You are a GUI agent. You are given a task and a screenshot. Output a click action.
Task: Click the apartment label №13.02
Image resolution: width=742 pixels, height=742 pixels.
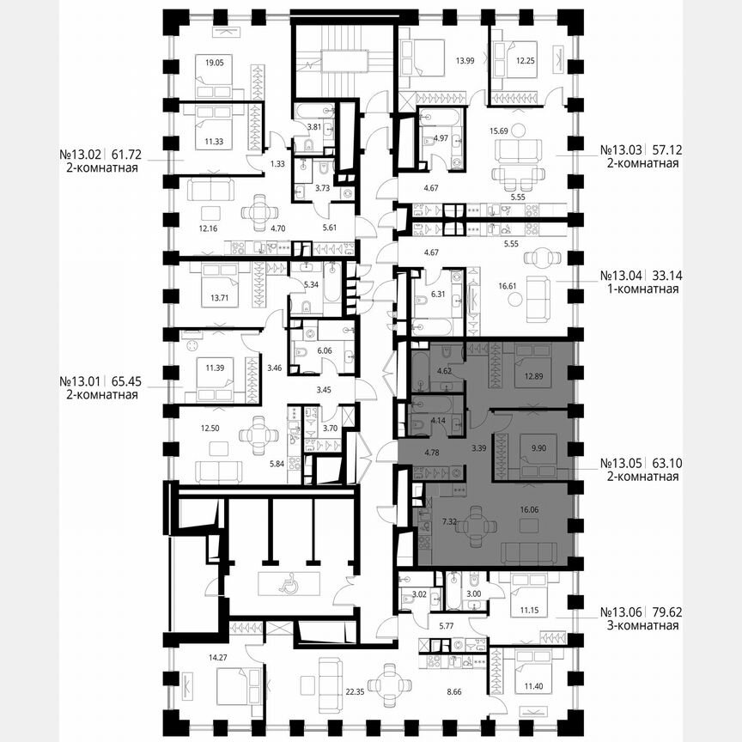click(82, 155)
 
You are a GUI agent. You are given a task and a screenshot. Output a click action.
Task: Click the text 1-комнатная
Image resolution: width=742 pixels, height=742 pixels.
click(639, 289)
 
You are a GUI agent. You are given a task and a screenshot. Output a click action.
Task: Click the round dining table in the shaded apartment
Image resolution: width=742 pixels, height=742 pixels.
click(475, 526)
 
